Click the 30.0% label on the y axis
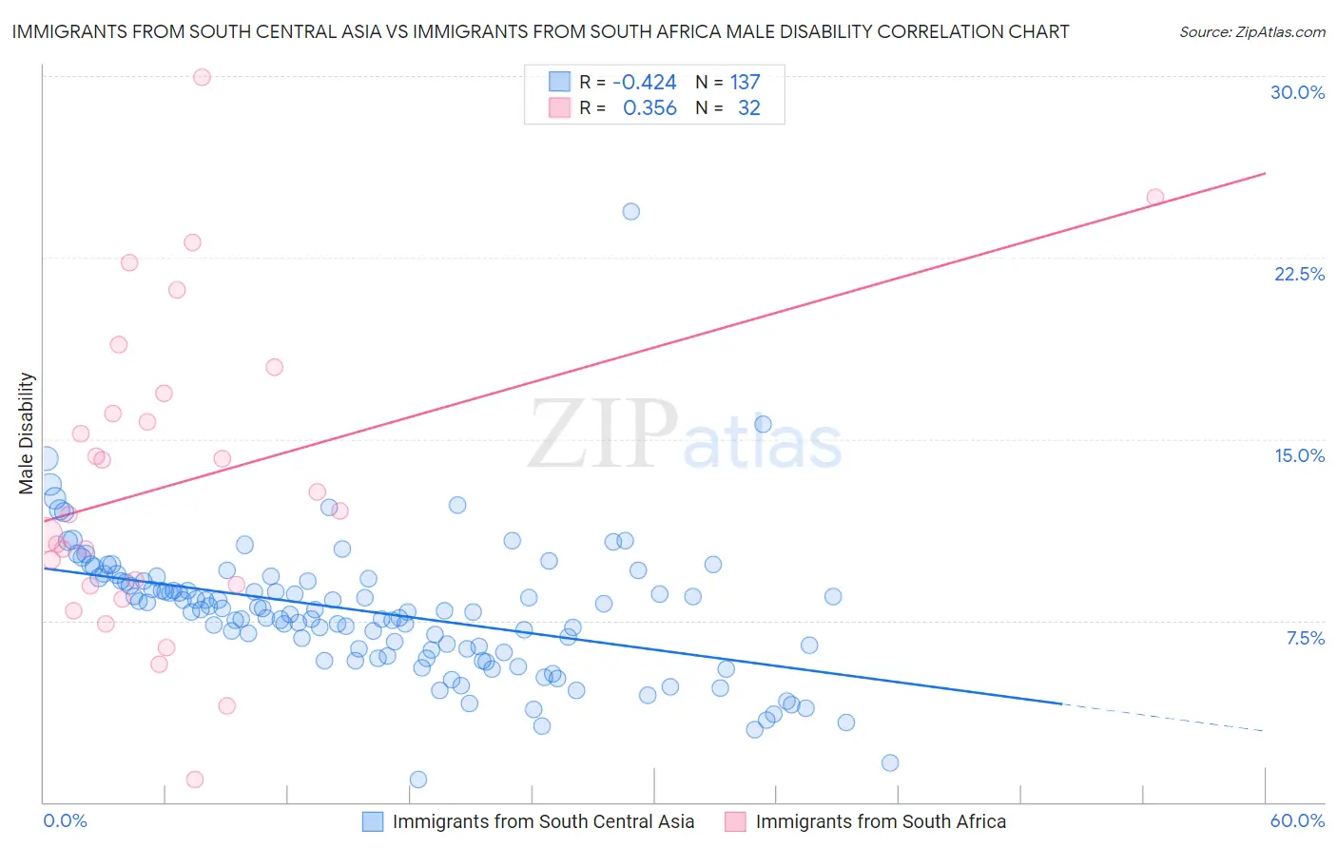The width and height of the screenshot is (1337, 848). pos(1297,92)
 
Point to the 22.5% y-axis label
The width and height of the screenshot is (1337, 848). pos(1299,274)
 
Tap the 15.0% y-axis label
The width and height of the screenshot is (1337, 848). pos(1299,455)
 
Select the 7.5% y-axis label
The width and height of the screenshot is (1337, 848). pos(1305,638)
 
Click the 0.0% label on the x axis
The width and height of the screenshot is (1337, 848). pos(65,820)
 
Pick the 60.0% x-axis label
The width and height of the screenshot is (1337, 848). pos(1297,820)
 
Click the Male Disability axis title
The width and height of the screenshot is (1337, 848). pos(27,434)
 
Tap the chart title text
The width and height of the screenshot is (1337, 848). pos(540,31)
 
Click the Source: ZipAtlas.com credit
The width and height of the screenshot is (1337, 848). pos(1251,31)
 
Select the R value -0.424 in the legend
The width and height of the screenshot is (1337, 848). pos(644,83)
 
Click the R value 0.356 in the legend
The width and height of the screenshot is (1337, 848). pos(649,108)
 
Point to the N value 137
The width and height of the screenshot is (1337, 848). pos(745,83)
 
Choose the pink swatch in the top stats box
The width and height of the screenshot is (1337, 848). pos(559,108)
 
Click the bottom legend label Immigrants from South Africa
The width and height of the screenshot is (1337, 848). pos(881,821)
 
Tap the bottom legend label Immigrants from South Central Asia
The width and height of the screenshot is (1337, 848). pos(543,821)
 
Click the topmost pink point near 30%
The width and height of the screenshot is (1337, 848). pos(202,77)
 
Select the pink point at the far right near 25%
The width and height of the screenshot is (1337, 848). pos(1154,198)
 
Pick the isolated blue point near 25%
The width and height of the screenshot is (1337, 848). pos(630,211)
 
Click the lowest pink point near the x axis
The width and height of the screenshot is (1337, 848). pos(195,780)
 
